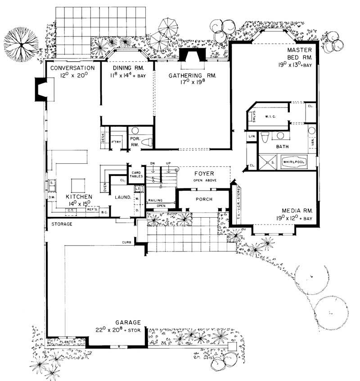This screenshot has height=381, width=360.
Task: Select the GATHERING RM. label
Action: [x=192, y=76]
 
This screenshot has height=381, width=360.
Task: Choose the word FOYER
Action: [x=204, y=173]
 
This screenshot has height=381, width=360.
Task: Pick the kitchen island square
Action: [x=77, y=185]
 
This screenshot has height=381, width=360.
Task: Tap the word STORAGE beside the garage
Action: [x=62, y=224]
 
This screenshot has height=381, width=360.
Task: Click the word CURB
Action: [x=126, y=242]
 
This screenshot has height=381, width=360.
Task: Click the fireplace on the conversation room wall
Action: [x=42, y=89]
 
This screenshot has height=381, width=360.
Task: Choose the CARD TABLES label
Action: [x=136, y=175]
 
